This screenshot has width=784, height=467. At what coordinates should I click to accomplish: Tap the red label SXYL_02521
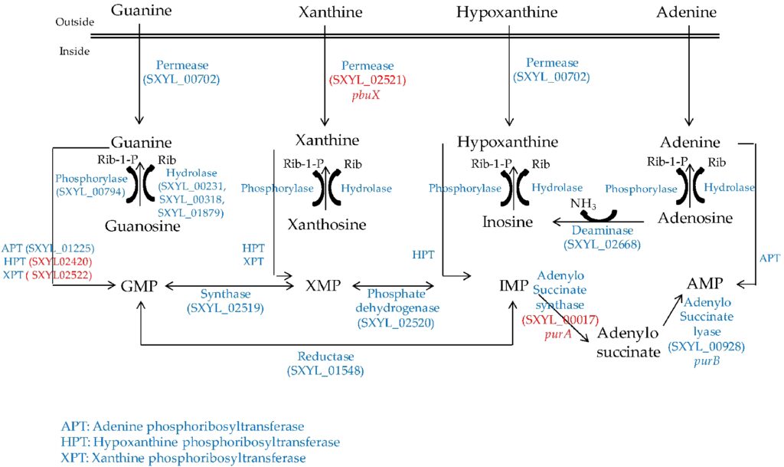pyautogui.click(x=367, y=80)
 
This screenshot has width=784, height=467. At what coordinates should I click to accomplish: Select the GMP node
pyautogui.click(x=139, y=286)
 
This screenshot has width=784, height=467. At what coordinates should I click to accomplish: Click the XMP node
pyautogui.click(x=322, y=286)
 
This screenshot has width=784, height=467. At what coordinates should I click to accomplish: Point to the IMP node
pyautogui.click(x=513, y=286)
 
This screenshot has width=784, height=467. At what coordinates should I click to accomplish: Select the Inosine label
pyautogui.click(x=506, y=222)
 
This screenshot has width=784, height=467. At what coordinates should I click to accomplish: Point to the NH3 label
pyautogui.click(x=584, y=204)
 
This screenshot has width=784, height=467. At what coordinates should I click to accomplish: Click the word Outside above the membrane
pyautogui.click(x=74, y=22)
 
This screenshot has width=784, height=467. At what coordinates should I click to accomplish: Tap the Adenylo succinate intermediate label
pyautogui.click(x=629, y=343)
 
